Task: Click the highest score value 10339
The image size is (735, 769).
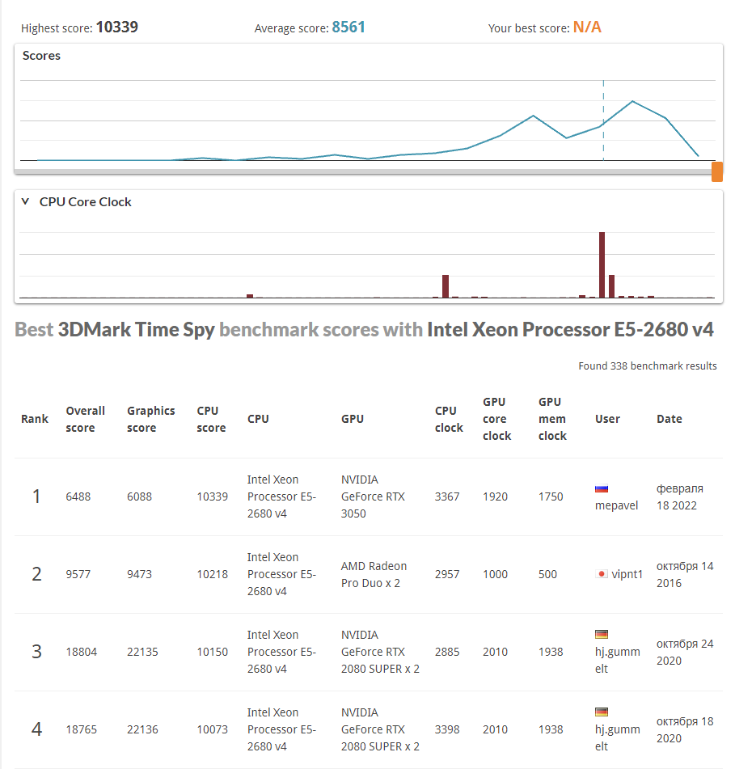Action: point(116,27)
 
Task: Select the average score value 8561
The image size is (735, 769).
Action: point(348,27)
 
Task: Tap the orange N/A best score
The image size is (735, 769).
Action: point(587,27)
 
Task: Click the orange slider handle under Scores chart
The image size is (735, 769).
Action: point(716,171)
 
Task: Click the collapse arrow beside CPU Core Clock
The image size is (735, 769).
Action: point(25,201)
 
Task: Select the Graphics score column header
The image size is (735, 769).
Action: point(150,419)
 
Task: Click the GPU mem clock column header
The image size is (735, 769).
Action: point(552,419)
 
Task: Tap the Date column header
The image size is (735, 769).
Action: point(669,419)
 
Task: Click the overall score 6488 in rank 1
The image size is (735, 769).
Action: point(78,496)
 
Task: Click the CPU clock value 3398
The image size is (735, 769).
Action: point(447,729)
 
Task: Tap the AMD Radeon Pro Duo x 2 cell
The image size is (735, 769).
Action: point(374,574)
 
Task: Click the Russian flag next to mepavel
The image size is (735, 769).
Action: point(601,488)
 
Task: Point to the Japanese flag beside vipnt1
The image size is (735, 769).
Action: point(601,574)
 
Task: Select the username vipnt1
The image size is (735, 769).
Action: point(627,574)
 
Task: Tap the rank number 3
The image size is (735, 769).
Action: point(36,652)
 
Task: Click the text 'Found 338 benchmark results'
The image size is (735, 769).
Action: point(647,366)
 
